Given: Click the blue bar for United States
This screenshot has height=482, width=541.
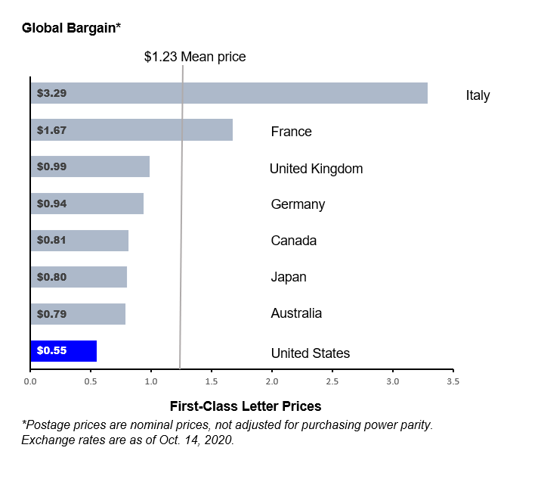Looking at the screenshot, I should [x=63, y=351].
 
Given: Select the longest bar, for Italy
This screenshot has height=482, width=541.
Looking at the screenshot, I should [x=229, y=93].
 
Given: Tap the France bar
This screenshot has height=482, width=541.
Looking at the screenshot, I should [x=131, y=130].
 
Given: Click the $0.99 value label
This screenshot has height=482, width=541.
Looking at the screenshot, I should [x=51, y=166].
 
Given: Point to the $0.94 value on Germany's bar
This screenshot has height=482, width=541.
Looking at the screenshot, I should [x=51, y=203].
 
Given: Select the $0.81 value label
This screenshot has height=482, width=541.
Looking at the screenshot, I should [x=51, y=240].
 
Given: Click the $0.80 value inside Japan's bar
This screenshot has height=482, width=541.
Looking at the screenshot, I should [x=51, y=277].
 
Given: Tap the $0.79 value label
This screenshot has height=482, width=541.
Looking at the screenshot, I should [x=51, y=313].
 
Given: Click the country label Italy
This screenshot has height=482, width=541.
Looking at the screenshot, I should [x=478, y=95].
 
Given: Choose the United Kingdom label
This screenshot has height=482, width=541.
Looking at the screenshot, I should [x=316, y=168].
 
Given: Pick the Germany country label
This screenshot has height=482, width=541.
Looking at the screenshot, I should [x=298, y=204].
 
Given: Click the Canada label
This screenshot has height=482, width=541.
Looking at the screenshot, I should [x=293, y=241].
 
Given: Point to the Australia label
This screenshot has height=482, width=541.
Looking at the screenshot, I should [x=296, y=313].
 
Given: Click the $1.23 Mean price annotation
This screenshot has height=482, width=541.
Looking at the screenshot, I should [x=195, y=57].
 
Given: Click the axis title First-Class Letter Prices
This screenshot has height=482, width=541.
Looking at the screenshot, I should [x=246, y=406].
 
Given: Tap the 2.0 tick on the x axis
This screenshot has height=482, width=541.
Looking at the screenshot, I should [x=272, y=382].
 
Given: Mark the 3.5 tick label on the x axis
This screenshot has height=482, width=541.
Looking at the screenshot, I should [x=453, y=382].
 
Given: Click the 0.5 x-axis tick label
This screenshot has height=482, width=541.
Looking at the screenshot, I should [x=91, y=382].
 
